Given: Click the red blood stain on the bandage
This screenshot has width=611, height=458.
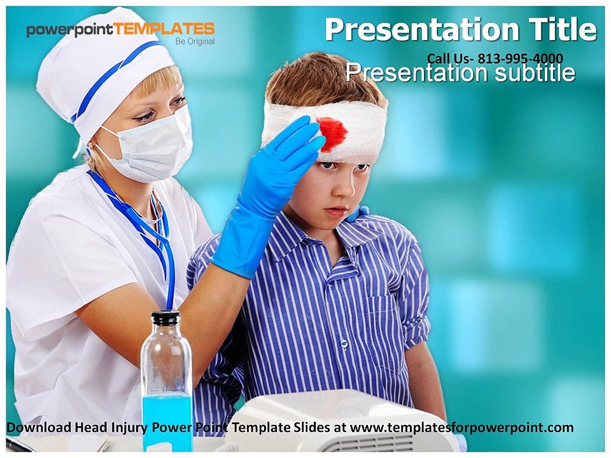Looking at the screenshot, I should click(332, 133).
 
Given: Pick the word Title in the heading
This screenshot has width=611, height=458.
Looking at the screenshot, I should click(563, 29).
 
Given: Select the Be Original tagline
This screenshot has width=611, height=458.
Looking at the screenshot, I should click(195, 42).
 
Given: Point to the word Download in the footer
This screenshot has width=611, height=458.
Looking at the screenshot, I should click(39, 427).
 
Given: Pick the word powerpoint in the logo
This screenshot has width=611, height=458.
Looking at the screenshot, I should click(69, 30).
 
